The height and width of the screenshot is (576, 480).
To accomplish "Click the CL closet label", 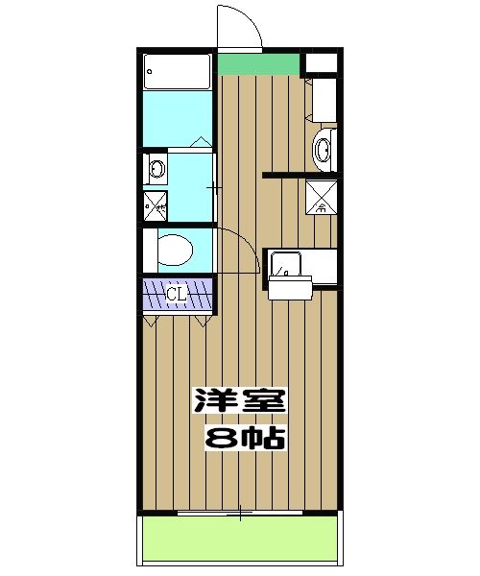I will (x=176, y=293).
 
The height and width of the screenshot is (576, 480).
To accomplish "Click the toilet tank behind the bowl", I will (x=149, y=252).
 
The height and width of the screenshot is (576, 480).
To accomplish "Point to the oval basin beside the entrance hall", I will (x=323, y=149).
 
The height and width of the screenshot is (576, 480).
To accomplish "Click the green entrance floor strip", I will (x=258, y=64).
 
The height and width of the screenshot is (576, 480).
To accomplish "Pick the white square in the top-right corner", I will (x=320, y=62).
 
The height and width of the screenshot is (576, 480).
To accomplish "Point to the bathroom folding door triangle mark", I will (x=200, y=141).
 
